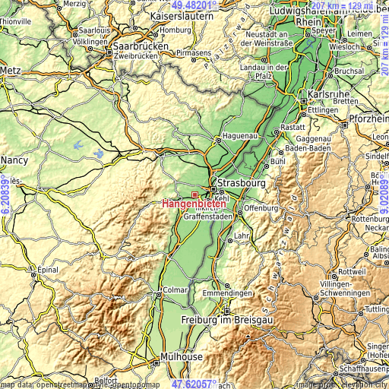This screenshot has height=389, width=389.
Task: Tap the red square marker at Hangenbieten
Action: pos(194,194)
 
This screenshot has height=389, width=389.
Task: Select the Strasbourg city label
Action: pos(241,183)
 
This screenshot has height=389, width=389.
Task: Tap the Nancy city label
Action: pos(15,160)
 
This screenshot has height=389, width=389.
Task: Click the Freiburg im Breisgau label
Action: pos(227,320)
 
